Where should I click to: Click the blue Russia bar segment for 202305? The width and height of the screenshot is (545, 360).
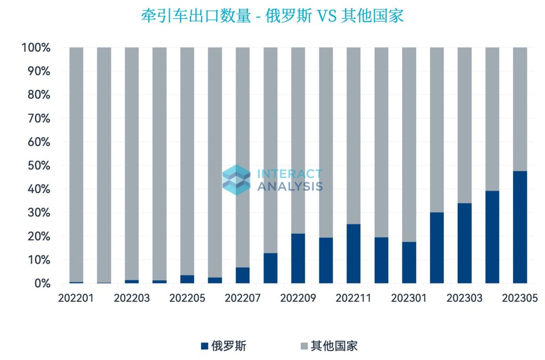click(x=519, y=227)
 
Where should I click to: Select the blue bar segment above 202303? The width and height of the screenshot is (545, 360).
click(x=464, y=243)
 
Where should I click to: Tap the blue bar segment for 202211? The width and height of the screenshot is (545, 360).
click(x=353, y=254)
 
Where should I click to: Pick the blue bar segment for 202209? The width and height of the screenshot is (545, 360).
click(x=298, y=258)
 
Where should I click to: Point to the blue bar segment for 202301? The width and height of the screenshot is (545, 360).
click(x=409, y=263)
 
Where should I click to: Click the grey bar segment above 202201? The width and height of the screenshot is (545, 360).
click(x=76, y=160)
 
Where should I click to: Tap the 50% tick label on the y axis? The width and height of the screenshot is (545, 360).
click(x=36, y=166)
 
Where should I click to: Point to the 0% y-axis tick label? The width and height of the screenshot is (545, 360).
click(x=39, y=284)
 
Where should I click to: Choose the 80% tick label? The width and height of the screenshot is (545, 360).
click(x=36, y=95)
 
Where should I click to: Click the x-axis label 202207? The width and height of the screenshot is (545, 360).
click(x=243, y=298)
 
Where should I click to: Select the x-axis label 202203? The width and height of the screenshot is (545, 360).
click(x=131, y=298)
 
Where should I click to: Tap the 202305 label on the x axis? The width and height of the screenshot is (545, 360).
click(x=519, y=298)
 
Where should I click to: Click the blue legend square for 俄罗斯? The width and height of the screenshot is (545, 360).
click(x=204, y=347)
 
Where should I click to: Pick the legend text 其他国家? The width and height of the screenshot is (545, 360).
click(x=334, y=347)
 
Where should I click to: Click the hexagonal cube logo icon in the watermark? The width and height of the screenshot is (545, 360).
click(x=236, y=179)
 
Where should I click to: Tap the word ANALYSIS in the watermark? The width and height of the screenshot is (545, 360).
click(x=290, y=186)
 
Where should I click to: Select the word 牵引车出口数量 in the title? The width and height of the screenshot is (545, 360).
click(x=195, y=16)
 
